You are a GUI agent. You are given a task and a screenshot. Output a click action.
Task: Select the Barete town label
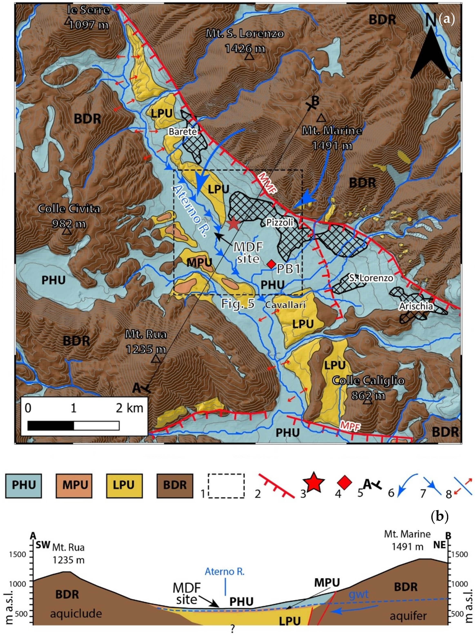click(x=183, y=132)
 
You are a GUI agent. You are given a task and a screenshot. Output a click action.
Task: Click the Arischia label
click(x=416, y=306)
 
